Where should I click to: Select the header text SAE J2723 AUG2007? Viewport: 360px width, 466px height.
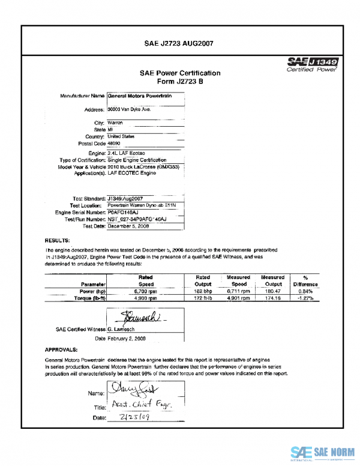click(179, 43)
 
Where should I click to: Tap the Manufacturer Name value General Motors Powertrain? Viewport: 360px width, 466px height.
click(140, 96)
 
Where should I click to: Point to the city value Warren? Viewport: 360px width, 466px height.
click(115, 122)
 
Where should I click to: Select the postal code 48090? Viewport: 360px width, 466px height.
click(114, 144)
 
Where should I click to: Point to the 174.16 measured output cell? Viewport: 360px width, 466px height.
click(272, 298)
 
